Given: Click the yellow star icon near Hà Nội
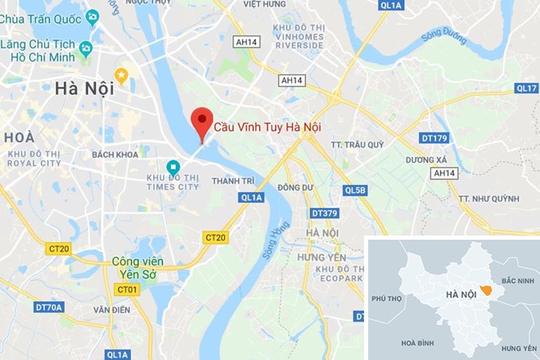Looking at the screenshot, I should pos(121,76).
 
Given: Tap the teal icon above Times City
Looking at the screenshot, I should pos(173,167).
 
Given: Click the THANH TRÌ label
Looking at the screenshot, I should pos(232,181).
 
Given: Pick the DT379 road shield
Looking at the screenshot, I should pos(325,214).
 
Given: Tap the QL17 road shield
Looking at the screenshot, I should pos(526,88).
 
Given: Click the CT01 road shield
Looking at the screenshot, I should pos(126,290).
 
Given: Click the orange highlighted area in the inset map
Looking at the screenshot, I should pos(486,290).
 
